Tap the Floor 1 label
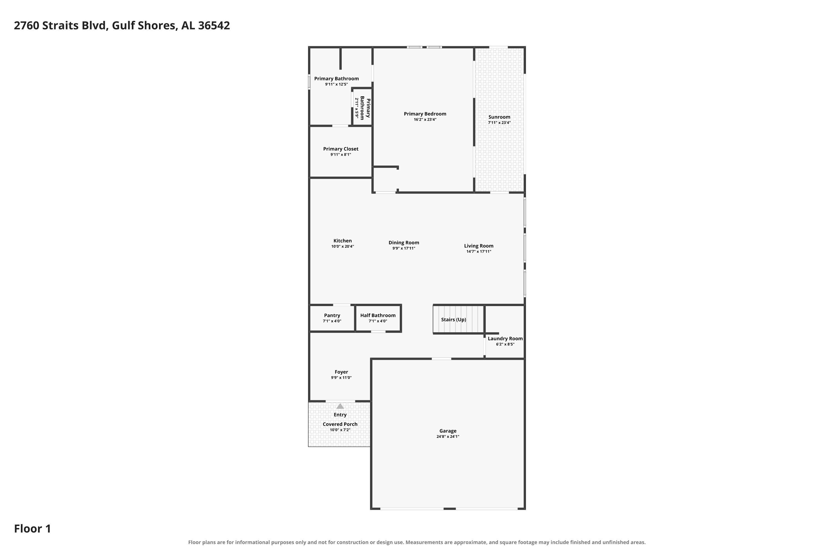click(x=33, y=529)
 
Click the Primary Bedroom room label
click(x=425, y=114)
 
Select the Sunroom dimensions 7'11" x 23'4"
click(x=499, y=123)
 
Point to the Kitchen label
click(x=342, y=241)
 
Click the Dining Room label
click(x=404, y=242)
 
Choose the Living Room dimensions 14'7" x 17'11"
click(x=479, y=251)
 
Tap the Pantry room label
click(x=332, y=315)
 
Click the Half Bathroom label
click(x=378, y=315)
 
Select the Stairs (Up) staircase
click(x=458, y=319)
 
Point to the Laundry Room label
click(x=505, y=339)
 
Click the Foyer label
click(x=341, y=372)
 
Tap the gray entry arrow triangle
click(x=340, y=406)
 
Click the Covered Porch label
click(x=340, y=424)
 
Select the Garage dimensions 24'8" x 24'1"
click(x=448, y=436)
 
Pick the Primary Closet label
click(x=341, y=149)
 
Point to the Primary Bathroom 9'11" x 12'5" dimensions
click(x=336, y=85)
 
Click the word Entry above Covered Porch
click(x=340, y=414)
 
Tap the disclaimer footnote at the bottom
click(x=417, y=542)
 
